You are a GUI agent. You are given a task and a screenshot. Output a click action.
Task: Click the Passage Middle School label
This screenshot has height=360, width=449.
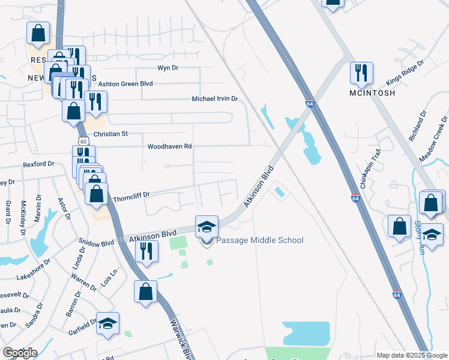coord(260,241)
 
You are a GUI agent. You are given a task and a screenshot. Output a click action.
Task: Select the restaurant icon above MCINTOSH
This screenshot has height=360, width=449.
coord(362,73)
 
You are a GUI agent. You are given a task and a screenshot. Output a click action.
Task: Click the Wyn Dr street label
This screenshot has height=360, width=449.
coord(168,68)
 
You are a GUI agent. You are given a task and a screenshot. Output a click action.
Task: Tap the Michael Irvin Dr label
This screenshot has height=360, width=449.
coord(215,98)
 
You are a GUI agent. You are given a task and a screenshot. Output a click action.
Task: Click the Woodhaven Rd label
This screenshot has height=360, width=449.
coord(169,146)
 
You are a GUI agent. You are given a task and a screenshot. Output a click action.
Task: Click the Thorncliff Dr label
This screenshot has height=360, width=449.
coord(131,195)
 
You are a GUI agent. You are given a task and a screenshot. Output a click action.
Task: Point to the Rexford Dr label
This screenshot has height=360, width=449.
coord(38,164)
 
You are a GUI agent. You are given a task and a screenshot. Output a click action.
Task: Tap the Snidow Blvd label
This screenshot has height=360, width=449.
coord(95,243)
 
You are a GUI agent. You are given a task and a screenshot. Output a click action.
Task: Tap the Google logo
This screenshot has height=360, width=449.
coord(20,353)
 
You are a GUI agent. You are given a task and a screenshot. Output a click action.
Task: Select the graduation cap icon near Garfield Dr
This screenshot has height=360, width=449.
coord(108,324)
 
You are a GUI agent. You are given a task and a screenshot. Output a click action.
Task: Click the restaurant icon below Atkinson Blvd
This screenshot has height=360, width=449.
coord(146,252)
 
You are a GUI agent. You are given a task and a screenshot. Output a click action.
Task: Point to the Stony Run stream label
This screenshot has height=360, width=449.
coord(419,238)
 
